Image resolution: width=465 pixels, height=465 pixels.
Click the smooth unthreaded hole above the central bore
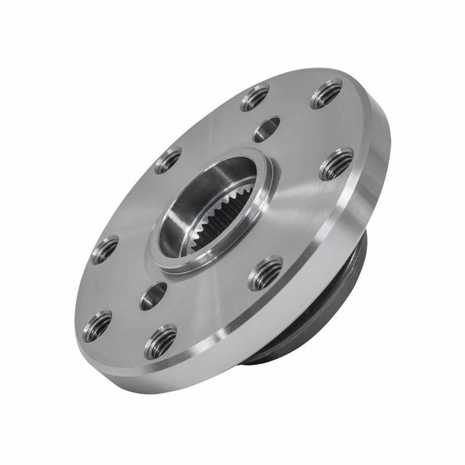[x=267, y=129]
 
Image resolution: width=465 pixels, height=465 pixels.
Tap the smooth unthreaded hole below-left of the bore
[x=153, y=296]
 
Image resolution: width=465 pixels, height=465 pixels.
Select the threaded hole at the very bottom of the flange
[x=160, y=342]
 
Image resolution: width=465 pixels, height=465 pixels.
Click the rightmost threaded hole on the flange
[x=337, y=164]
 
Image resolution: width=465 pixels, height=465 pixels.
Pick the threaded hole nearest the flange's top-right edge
[x=326, y=94]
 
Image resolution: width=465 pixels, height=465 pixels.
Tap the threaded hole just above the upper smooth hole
[x=255, y=97]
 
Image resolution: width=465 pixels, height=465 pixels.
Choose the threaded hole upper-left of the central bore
[x=168, y=160]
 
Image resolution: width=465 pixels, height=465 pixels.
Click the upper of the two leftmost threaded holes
[x=105, y=249]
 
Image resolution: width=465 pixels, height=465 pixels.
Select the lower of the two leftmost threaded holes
[x=97, y=325]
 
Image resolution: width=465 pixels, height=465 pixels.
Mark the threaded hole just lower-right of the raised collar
[x=265, y=273]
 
